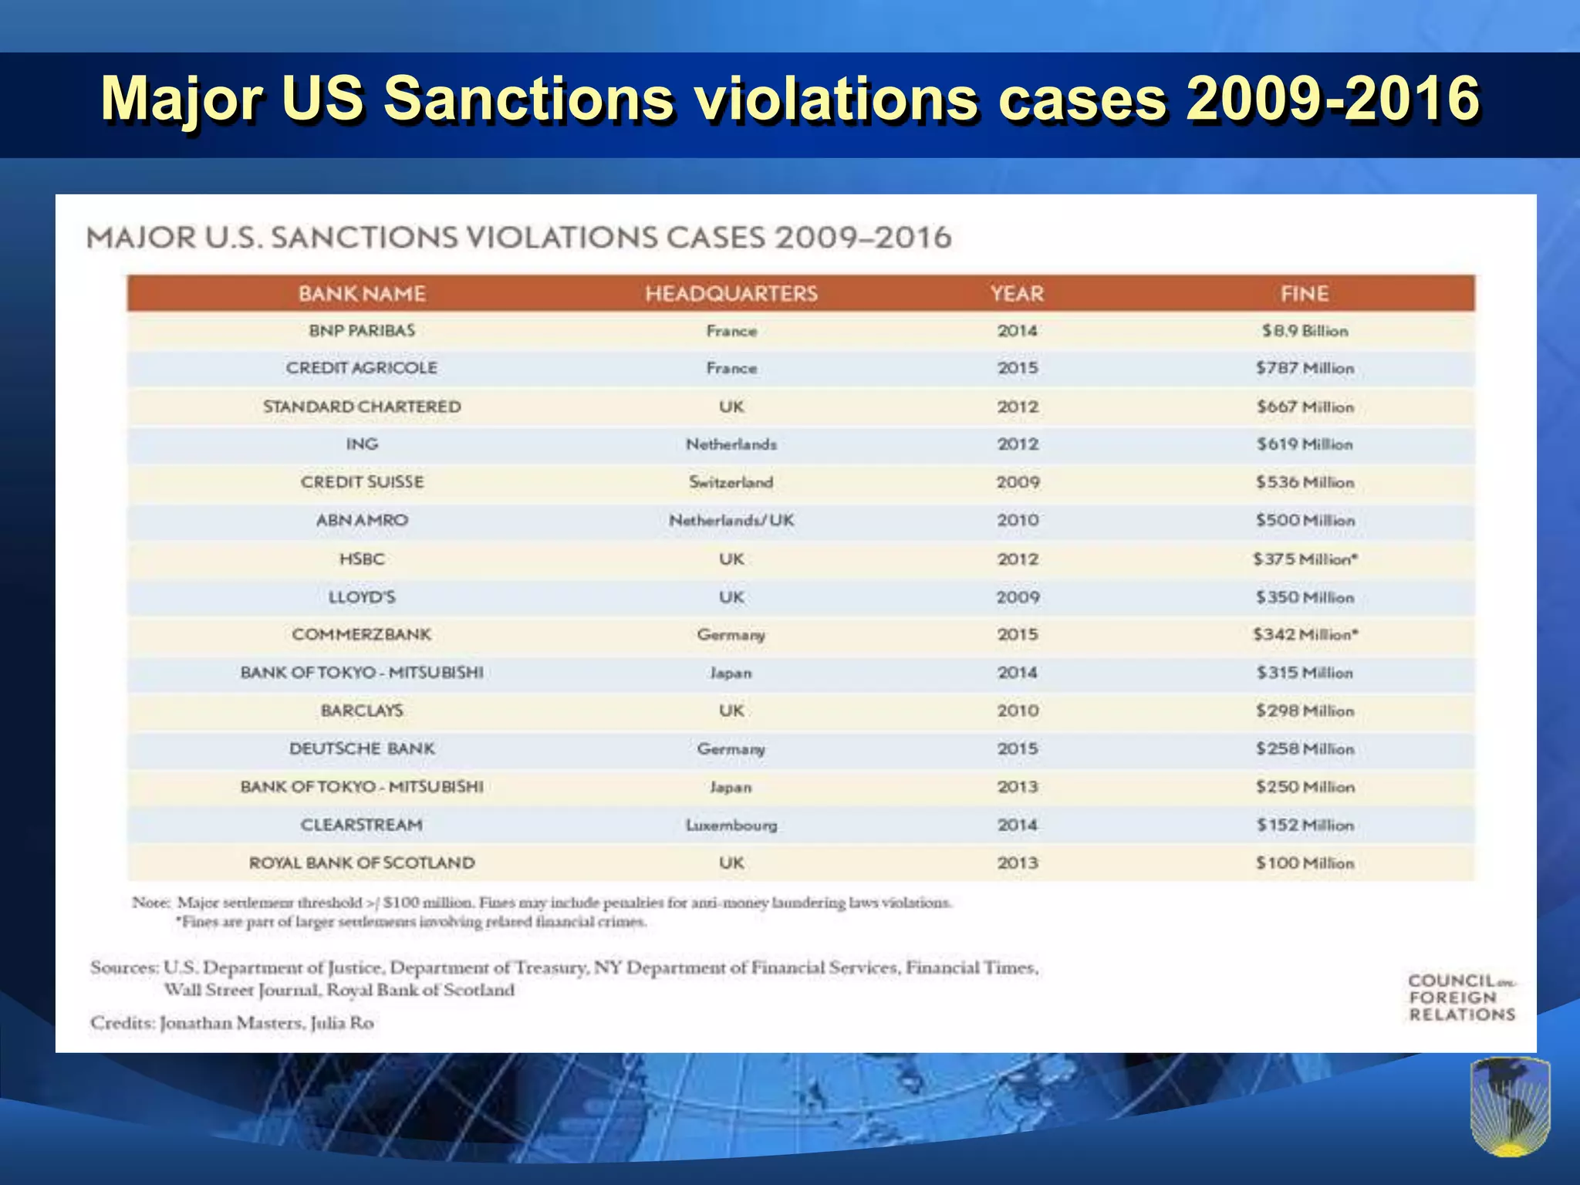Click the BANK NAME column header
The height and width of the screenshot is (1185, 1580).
362,294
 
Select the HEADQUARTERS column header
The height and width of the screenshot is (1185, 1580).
731,294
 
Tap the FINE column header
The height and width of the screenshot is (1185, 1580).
1304,294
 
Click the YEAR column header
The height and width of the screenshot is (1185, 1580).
1017,294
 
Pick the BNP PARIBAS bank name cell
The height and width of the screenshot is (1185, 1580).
362,331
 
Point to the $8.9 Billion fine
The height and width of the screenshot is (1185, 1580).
1305,331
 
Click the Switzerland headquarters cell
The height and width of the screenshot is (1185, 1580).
731,482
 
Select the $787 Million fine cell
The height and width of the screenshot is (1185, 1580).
1305,368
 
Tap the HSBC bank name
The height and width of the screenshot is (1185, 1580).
362,559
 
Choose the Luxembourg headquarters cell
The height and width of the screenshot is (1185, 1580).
731,825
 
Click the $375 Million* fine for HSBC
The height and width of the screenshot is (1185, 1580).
1305,559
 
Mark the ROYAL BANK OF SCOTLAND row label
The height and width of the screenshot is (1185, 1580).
362,863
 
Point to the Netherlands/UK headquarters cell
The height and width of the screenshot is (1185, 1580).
731,521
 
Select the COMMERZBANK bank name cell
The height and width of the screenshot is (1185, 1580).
362,635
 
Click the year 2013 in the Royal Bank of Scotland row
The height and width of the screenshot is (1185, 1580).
1017,863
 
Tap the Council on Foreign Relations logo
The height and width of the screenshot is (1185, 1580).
1461,998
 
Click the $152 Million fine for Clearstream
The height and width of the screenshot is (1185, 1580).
1305,825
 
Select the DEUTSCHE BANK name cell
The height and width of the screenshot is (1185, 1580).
362,749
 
